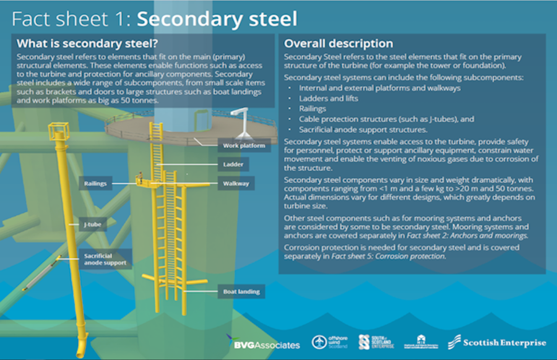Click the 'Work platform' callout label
coord(244,147)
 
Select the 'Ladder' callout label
coord(233,165)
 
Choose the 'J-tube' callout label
coord(93,225)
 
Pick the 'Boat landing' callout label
coord(241,291)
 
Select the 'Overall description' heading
coord(338,44)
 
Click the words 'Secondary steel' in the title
coord(217,19)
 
